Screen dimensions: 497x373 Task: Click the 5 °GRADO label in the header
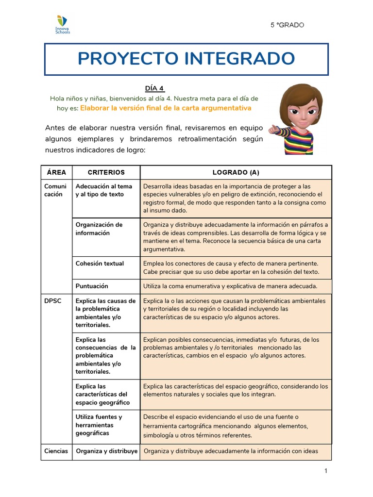point(287,25)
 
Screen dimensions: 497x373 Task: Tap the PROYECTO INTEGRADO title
point(186,59)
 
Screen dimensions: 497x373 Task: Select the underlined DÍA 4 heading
point(154,88)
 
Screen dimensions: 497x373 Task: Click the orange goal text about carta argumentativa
point(166,108)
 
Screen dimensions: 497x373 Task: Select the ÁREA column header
point(56,172)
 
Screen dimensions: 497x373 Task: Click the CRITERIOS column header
point(106,172)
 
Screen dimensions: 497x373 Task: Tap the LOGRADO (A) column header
point(236,172)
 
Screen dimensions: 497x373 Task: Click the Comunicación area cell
point(56,190)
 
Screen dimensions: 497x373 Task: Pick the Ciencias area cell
point(56,451)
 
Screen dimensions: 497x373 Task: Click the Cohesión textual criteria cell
point(100,264)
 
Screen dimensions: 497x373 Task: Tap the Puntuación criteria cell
point(92,286)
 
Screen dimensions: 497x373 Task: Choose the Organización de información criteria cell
point(99,229)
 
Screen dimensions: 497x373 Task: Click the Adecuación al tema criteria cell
point(103,190)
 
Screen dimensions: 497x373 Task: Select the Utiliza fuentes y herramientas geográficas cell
point(99,425)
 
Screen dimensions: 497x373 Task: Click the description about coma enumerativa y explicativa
point(230,286)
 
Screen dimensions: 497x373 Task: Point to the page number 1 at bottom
point(326,471)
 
